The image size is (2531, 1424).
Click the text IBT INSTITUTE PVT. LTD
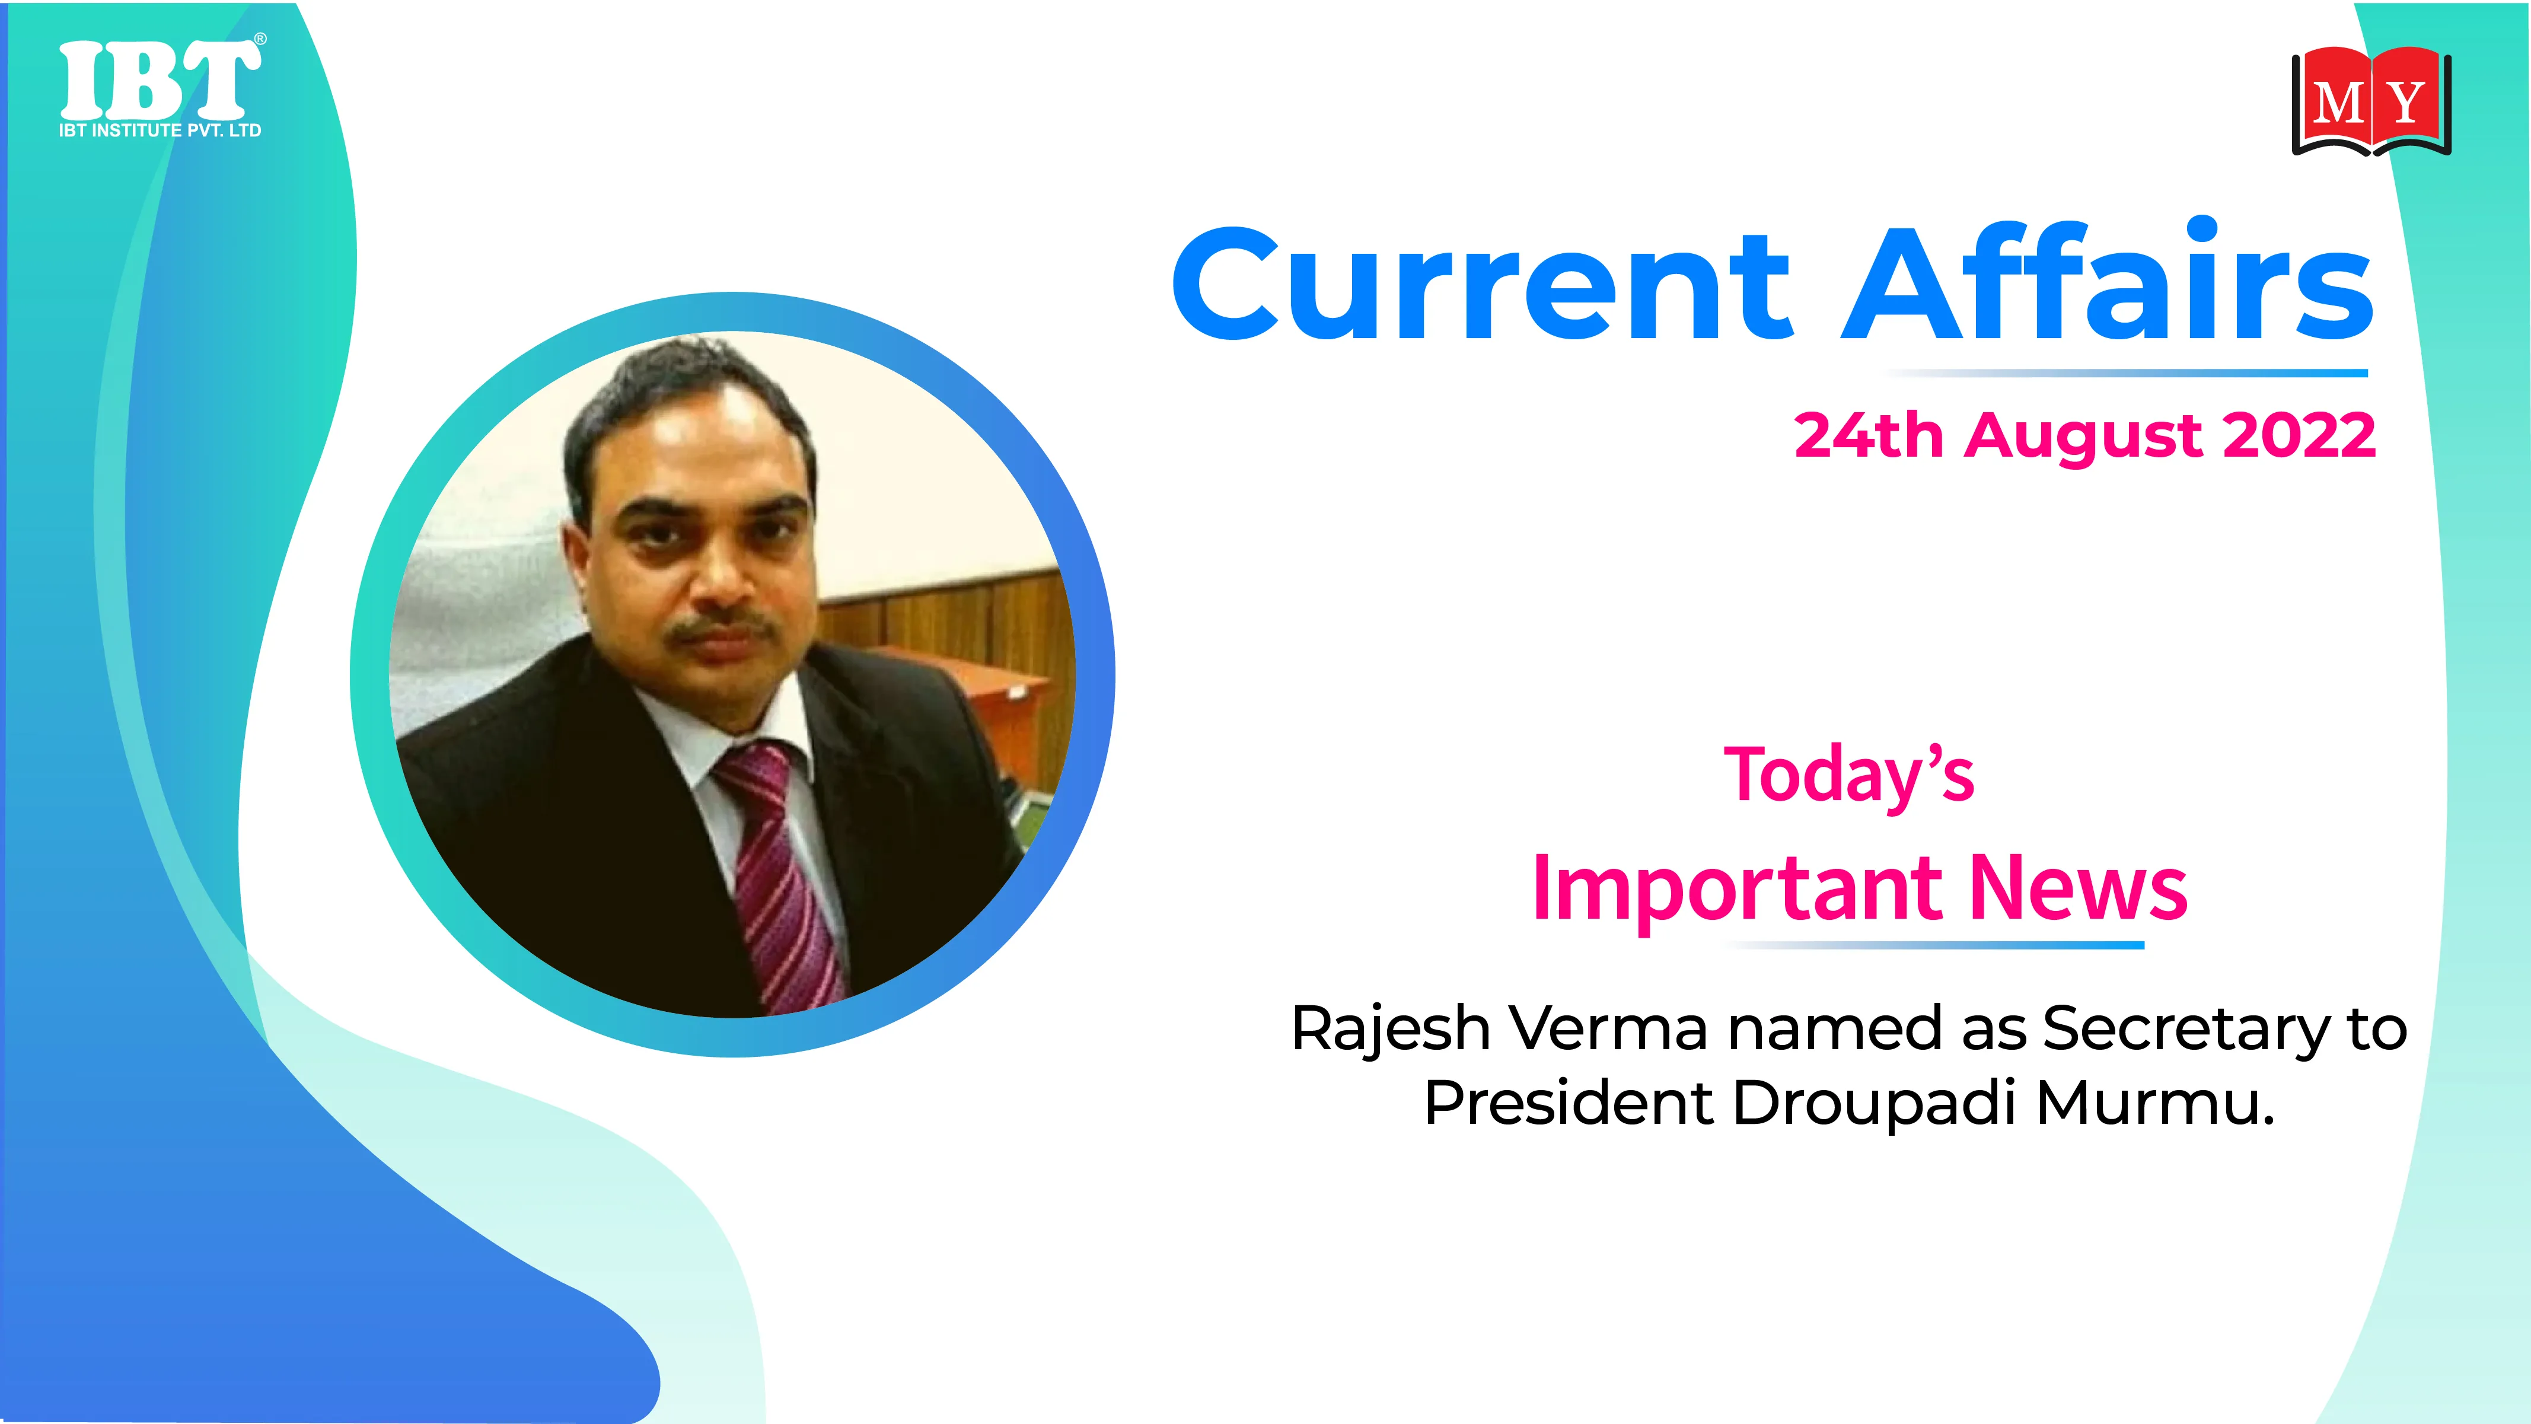[x=160, y=130]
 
